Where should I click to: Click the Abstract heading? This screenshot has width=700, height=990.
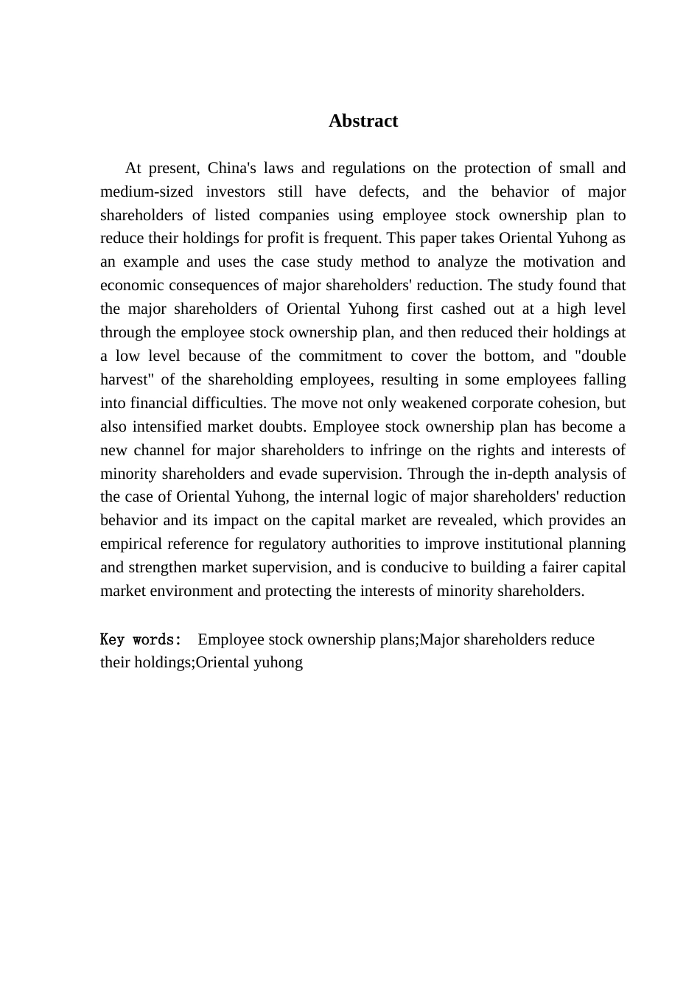(x=363, y=122)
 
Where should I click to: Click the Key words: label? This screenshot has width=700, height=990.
(x=141, y=639)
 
